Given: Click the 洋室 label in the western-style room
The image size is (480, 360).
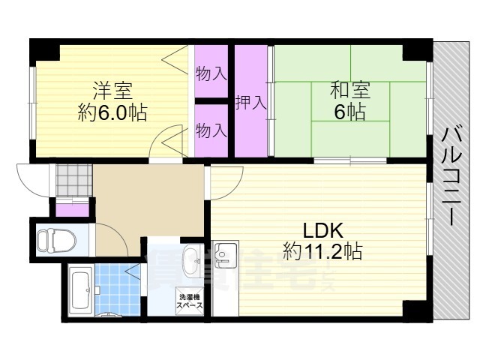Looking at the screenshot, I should pos(112,91).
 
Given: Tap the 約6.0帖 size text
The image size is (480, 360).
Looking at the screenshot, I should pos(112,112).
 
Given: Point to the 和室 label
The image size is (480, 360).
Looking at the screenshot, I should pos(350,91).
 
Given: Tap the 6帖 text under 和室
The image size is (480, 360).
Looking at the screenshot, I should pos(350,112).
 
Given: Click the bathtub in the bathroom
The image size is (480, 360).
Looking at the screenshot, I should pos(79,292).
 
